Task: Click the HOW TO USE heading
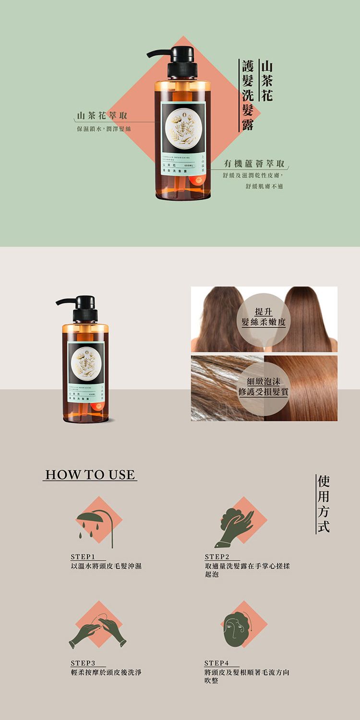[x=90, y=475]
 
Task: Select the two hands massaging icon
[x=98, y=631]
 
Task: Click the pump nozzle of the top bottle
[x=158, y=53]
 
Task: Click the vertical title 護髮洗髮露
[x=247, y=96]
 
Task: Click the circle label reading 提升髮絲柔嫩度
[x=264, y=317]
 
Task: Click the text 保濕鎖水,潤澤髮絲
[x=100, y=129]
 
